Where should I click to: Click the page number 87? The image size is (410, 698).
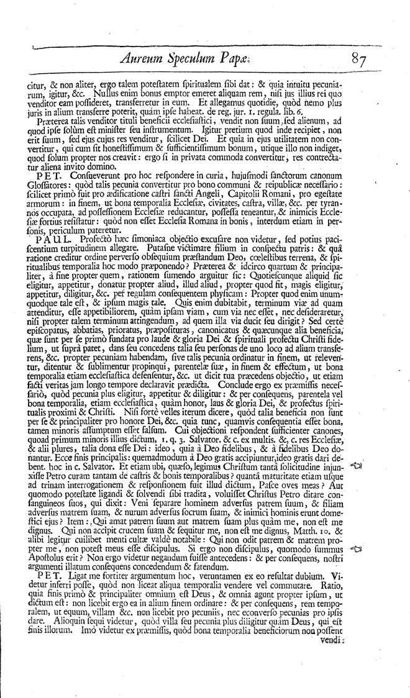(361, 61)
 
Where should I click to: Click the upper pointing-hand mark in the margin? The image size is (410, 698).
(357, 465)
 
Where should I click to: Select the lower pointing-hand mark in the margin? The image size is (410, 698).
(357, 549)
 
